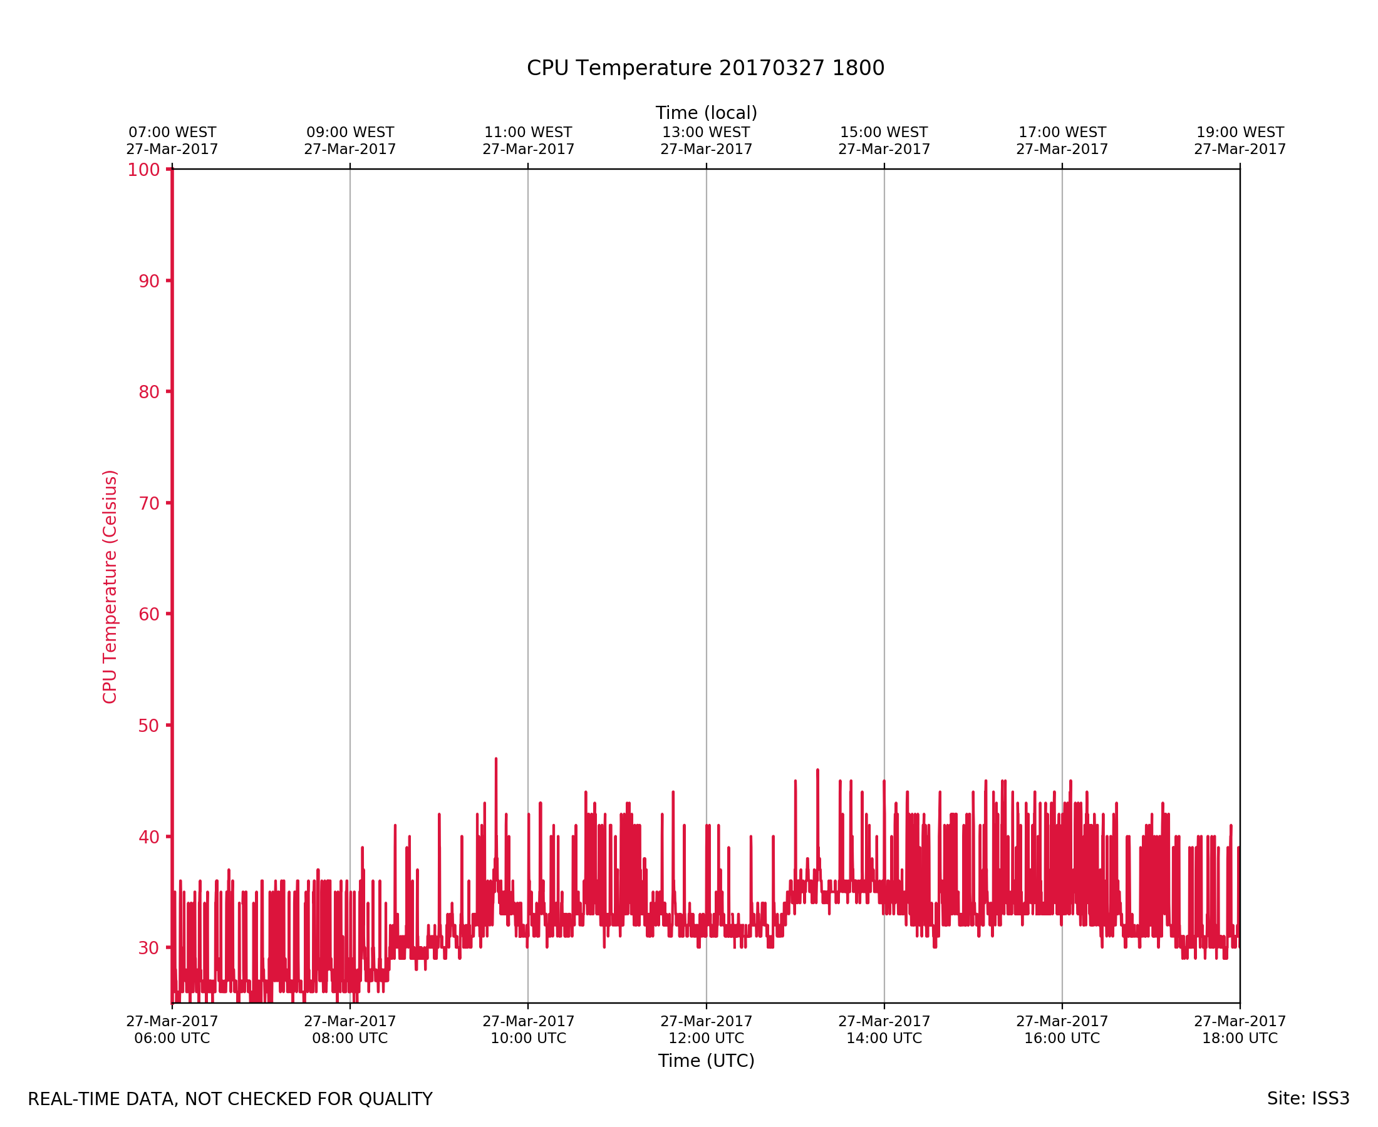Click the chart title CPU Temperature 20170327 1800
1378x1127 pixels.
705,68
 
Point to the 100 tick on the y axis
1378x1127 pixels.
143,170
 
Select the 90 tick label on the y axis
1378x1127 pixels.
148,281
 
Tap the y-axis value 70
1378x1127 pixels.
148,503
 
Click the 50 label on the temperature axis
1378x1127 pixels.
148,726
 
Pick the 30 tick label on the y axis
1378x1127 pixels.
148,948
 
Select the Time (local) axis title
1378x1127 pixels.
706,113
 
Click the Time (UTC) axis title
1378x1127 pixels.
706,1061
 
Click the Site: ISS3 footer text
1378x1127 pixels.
1308,1098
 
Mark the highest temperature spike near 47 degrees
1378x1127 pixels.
496,759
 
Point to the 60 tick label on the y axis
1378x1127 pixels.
148,614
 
